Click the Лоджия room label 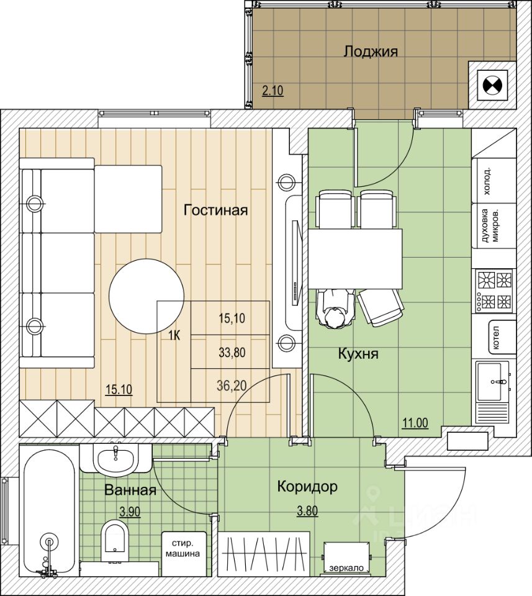371,52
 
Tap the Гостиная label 215,210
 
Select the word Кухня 358,354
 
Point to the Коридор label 307,487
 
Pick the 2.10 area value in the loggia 273,91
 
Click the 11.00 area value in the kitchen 415,423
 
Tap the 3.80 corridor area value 307,511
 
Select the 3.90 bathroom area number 130,512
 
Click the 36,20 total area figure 232,386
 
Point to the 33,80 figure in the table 232,353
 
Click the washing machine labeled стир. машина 184,548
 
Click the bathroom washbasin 115,458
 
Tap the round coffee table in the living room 147,297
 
